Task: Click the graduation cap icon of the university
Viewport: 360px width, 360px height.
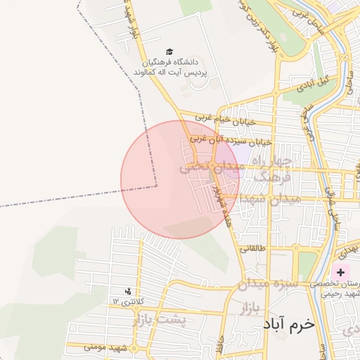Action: pyautogui.click(x=169, y=52)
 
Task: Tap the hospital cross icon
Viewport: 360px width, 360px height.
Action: pyautogui.click(x=341, y=271)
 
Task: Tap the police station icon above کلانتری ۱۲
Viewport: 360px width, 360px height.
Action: pyautogui.click(x=128, y=291)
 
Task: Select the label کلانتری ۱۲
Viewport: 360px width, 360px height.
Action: pyautogui.click(x=128, y=302)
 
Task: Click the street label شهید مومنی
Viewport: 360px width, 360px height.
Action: pyautogui.click(x=105, y=347)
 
